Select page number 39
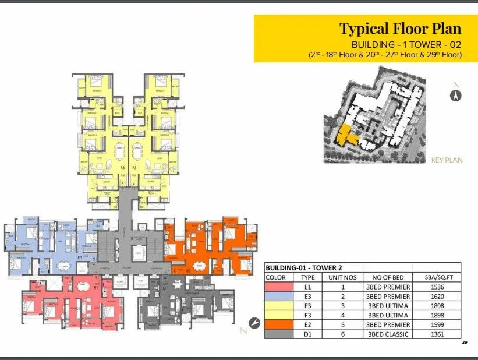tap(464, 342)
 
